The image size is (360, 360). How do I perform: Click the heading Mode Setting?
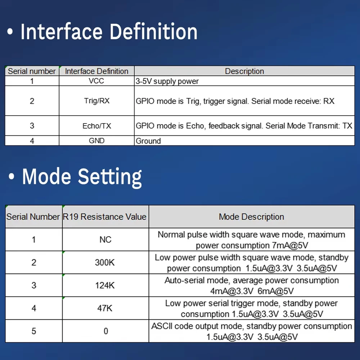click(82, 176)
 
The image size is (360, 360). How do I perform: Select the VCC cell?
click(96, 81)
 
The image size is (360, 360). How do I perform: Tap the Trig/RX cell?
click(96, 101)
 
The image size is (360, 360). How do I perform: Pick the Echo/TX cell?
click(96, 126)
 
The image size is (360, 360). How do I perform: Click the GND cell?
click(96, 140)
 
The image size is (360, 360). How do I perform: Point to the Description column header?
click(244, 71)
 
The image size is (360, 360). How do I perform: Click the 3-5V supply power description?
click(167, 81)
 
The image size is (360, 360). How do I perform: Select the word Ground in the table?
click(148, 141)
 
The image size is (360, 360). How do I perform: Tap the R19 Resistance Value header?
click(104, 217)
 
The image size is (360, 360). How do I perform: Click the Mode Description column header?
click(251, 217)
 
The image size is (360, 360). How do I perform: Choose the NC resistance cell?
click(105, 239)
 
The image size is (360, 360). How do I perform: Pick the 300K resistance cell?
click(105, 262)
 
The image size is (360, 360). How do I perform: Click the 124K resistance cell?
click(105, 285)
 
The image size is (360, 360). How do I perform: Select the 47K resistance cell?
click(105, 308)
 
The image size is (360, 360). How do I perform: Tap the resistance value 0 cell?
click(105, 331)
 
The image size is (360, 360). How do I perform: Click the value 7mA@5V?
click(290, 246)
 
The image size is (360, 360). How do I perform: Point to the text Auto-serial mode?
click(197, 280)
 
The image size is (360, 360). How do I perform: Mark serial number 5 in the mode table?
click(34, 331)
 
